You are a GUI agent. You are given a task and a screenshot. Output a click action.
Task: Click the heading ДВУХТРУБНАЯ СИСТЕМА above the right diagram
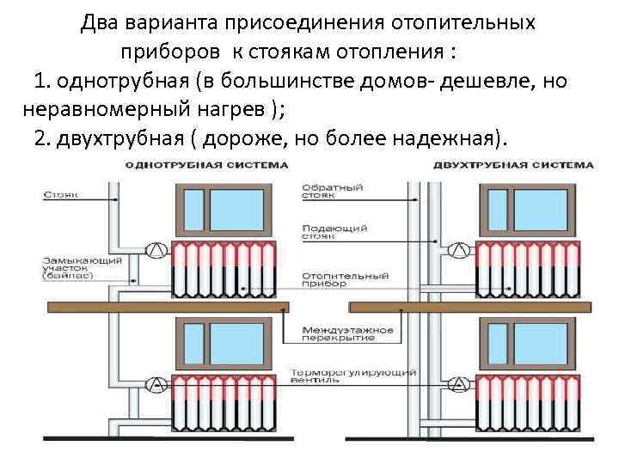[514, 164]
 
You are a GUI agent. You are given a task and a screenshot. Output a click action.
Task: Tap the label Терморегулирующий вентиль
[353, 376]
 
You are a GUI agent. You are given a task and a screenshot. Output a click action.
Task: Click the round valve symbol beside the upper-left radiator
[156, 250]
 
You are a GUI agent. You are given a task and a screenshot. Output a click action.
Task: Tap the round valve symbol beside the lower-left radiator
[156, 383]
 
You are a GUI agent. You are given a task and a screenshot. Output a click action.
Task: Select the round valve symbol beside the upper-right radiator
[459, 250]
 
